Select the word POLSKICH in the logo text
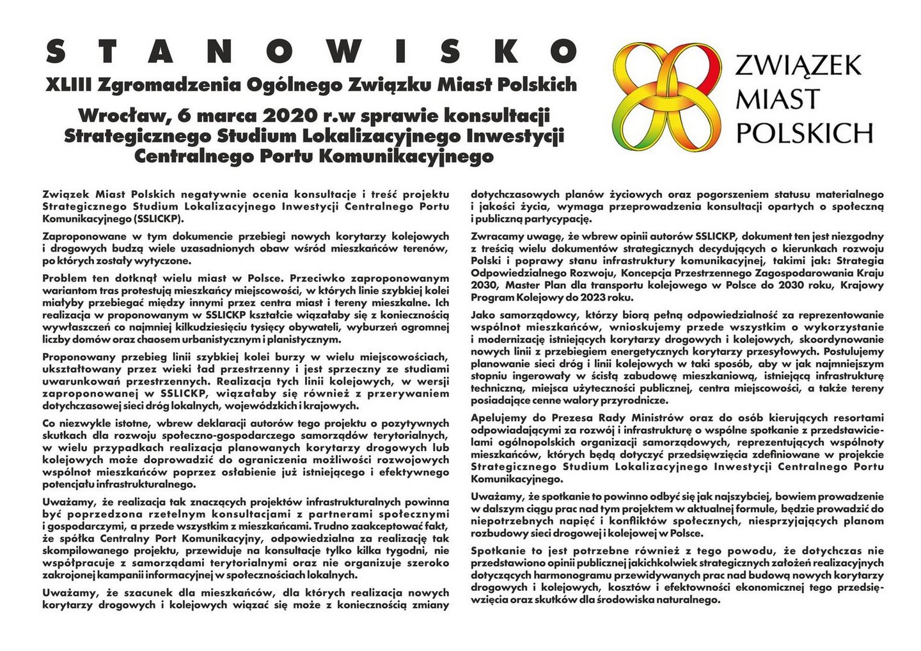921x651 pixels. point(805,132)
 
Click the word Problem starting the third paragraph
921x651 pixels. point(63,278)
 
